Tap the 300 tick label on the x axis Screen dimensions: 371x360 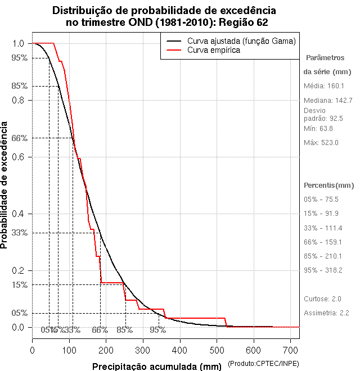[143, 350]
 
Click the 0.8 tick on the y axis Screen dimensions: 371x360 [19, 100]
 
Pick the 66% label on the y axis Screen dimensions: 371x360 [20, 138]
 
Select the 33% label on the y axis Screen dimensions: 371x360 [20, 233]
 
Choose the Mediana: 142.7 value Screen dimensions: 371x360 [328, 100]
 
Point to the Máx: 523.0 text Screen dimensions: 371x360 [321, 143]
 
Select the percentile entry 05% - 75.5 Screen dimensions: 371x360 [321, 200]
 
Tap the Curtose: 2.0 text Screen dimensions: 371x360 [322, 298]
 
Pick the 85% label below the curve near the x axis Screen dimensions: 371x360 [124, 330]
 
